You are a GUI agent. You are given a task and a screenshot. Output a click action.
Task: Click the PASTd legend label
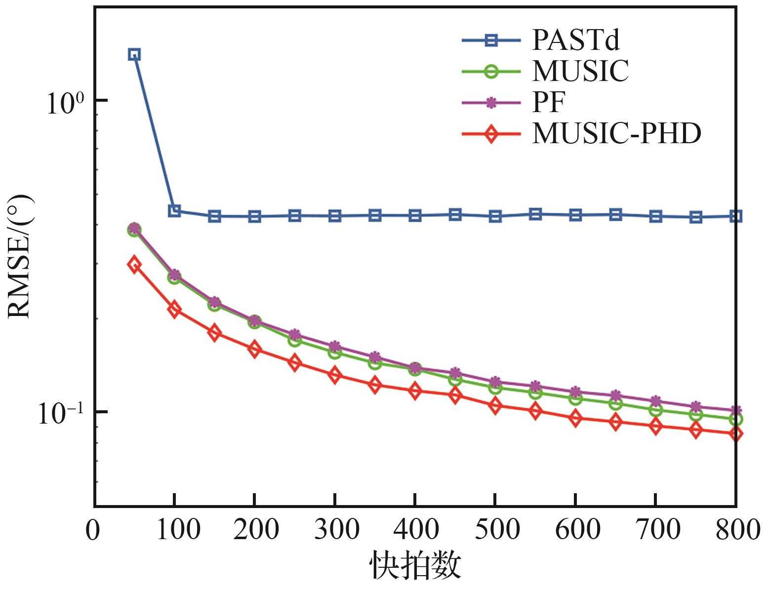(576, 40)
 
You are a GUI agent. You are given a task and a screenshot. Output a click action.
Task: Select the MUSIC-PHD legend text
(616, 134)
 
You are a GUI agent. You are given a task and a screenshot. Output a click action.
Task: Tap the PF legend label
(549, 103)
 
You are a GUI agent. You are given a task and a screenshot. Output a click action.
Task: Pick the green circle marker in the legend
(491, 72)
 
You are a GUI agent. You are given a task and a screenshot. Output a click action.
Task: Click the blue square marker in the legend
(491, 40)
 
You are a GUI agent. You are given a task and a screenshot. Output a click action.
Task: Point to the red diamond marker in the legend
(491, 134)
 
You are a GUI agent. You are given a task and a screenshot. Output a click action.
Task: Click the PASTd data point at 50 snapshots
(134, 54)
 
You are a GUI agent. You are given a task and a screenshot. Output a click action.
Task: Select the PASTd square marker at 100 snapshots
(175, 211)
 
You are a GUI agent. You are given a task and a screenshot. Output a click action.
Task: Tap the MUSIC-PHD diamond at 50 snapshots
(134, 265)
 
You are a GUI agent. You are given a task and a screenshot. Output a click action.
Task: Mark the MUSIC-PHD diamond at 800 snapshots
(736, 434)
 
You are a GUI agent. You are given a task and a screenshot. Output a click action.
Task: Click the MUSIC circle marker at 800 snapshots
(736, 420)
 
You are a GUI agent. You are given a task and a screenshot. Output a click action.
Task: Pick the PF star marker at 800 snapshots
(736, 411)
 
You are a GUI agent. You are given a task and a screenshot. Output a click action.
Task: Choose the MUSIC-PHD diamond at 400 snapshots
(415, 391)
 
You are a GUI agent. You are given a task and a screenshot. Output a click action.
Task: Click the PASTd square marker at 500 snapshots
(495, 216)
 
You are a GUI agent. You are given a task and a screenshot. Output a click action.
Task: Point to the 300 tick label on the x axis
(336, 529)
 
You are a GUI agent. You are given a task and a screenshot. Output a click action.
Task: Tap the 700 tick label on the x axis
(657, 529)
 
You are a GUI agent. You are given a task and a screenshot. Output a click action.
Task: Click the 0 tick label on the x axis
(93, 530)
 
